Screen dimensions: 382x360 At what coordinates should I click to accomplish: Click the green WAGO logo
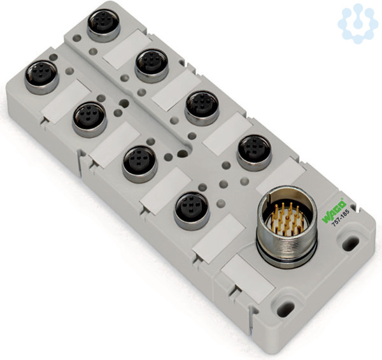(x=334, y=211)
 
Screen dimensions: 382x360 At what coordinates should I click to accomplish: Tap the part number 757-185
(x=341, y=219)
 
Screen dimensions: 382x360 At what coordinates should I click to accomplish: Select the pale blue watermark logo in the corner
(x=358, y=23)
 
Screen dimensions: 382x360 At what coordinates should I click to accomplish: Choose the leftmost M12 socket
(x=41, y=77)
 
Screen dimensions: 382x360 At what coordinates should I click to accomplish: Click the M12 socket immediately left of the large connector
(x=192, y=211)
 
